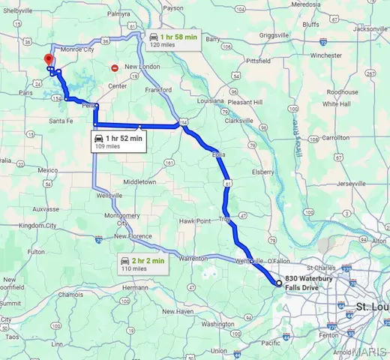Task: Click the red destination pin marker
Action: click(48, 60)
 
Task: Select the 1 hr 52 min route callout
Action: click(118, 142)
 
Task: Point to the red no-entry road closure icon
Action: click(114, 67)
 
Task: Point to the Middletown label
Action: click(139, 181)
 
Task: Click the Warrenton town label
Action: click(193, 258)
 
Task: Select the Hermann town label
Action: click(136, 287)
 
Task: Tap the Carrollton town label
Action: click(335, 138)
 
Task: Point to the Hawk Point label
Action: click(192, 220)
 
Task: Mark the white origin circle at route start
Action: click(279, 283)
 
